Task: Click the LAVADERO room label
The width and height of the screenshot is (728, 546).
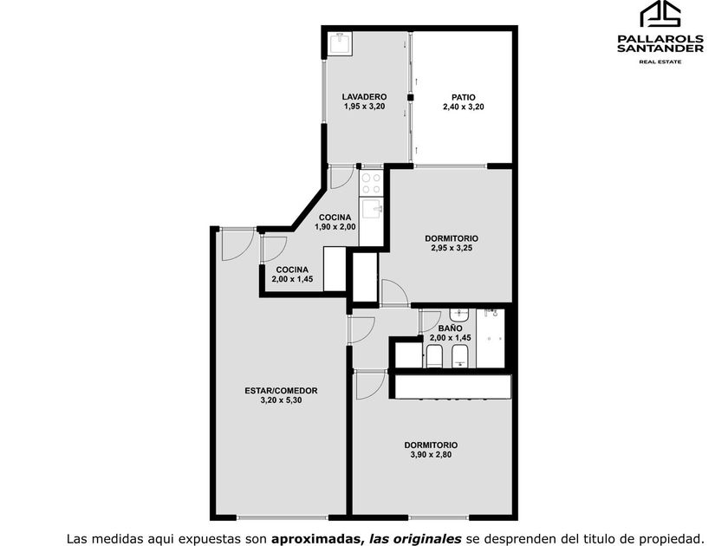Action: point(365,97)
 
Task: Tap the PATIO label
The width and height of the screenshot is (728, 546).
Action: point(464,97)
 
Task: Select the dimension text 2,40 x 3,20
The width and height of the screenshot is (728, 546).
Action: point(464,107)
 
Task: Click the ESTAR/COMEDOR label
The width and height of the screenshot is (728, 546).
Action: point(282,391)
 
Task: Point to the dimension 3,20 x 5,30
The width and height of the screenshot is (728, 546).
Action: point(282,400)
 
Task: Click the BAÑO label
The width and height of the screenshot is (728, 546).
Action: point(450,328)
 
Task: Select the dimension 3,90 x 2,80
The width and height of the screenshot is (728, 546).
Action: point(431,454)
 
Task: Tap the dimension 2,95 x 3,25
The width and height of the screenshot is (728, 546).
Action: point(452,248)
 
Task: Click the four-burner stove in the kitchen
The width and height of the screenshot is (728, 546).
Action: point(371,183)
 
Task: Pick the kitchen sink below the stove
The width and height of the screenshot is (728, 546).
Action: point(372,210)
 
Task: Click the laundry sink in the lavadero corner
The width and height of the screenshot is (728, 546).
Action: point(340,43)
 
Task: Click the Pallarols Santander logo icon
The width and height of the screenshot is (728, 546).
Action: point(660,14)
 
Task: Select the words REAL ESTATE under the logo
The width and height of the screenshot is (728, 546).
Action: point(660,62)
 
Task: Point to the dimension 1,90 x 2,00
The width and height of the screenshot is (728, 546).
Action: point(335,227)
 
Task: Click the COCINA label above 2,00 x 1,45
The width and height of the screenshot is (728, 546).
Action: point(292,270)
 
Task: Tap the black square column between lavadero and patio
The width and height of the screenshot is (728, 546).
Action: point(410,97)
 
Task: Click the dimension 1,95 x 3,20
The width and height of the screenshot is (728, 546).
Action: point(365,107)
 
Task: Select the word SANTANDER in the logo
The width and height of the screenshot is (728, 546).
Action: point(660,49)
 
